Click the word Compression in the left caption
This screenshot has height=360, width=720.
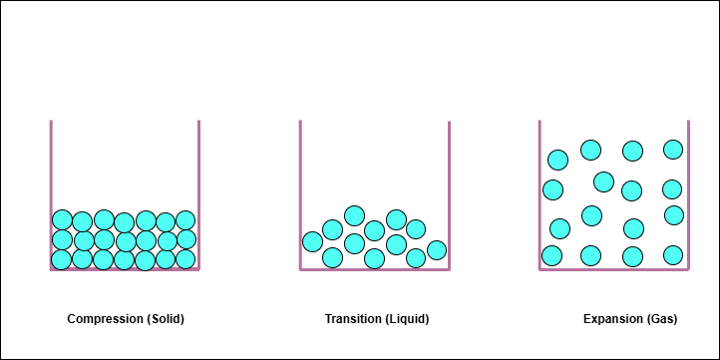(x=105, y=320)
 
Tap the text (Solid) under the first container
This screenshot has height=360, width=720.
(x=166, y=320)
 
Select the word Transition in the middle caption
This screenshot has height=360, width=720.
(x=353, y=320)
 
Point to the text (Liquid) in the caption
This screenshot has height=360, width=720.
(x=408, y=320)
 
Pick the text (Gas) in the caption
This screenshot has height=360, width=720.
(x=661, y=320)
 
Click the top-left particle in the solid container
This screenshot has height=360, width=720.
(x=62, y=220)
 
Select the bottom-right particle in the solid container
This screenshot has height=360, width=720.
(x=185, y=259)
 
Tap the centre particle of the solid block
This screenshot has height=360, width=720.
(x=125, y=240)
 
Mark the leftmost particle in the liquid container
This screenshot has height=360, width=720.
(x=313, y=241)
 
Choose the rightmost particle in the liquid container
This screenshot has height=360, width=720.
(x=436, y=249)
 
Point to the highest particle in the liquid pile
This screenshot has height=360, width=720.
(x=354, y=215)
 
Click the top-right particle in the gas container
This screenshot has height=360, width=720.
(x=673, y=150)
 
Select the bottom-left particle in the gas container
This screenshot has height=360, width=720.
(x=551, y=256)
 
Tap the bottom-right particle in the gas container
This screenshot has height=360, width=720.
(x=673, y=255)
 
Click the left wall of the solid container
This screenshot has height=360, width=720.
(x=51, y=189)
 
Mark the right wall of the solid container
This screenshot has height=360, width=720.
(x=198, y=189)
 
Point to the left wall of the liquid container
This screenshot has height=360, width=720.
(x=300, y=189)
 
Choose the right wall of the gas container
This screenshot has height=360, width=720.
(x=688, y=189)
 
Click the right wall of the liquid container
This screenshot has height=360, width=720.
(x=449, y=189)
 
